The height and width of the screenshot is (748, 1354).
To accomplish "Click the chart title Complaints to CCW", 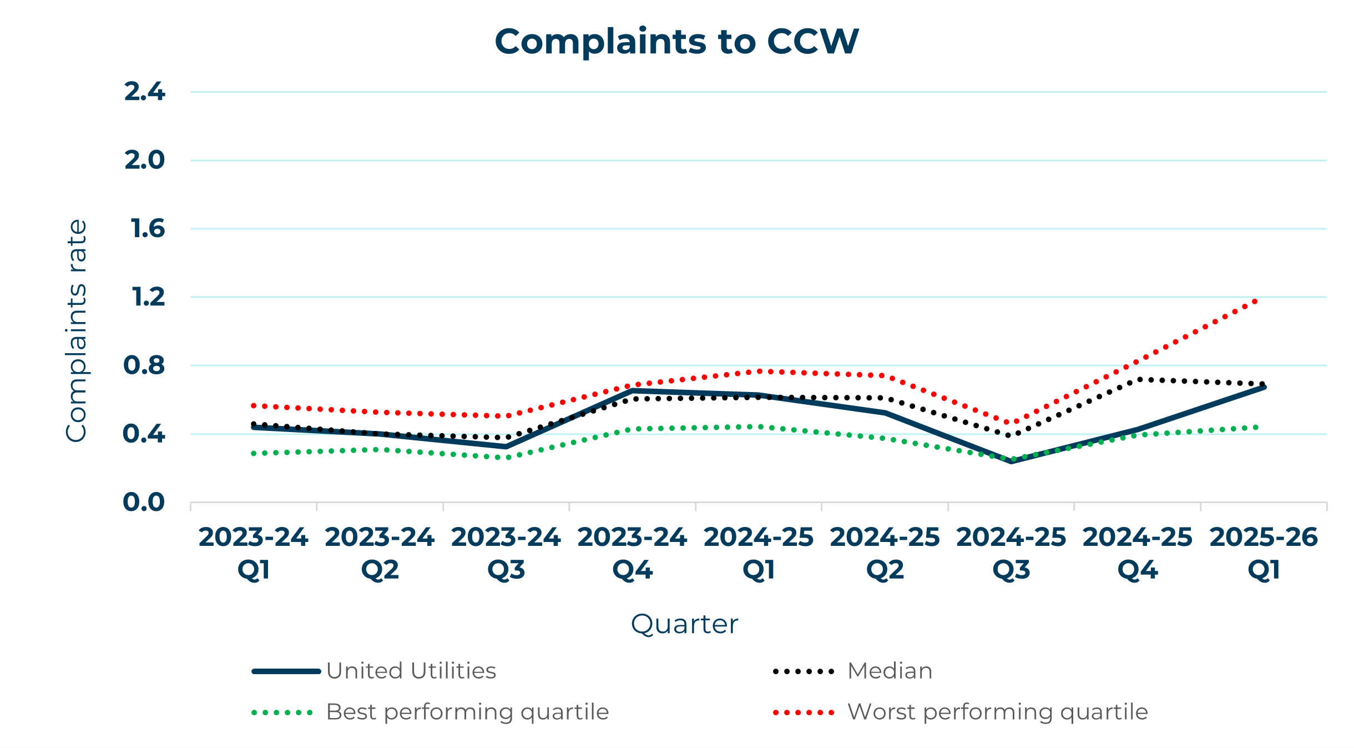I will pyautogui.click(x=676, y=42).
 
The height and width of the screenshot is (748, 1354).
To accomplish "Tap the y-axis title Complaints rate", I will pyautogui.click(x=77, y=331).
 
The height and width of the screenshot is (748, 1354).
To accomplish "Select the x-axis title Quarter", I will pyautogui.click(x=684, y=624).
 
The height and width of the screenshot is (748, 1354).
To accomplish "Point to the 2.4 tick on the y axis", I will pyautogui.click(x=144, y=92).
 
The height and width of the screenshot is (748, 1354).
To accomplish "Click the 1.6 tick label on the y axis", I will pyautogui.click(x=148, y=229).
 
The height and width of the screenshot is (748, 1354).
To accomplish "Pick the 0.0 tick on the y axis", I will pyautogui.click(x=144, y=502).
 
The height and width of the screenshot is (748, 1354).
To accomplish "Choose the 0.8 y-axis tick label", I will pyautogui.click(x=144, y=365).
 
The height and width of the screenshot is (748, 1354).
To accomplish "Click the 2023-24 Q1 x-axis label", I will pyautogui.click(x=254, y=553).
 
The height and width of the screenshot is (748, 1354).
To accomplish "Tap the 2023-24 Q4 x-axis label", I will pyautogui.click(x=632, y=553).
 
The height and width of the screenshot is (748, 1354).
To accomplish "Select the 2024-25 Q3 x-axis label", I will pyautogui.click(x=1011, y=553).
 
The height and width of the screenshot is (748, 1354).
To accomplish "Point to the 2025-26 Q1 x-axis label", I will pyautogui.click(x=1264, y=553).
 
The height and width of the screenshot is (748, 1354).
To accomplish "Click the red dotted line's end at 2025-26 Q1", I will pyautogui.click(x=1255, y=302).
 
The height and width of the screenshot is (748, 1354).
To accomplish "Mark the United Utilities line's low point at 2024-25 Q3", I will pyautogui.click(x=1011, y=461).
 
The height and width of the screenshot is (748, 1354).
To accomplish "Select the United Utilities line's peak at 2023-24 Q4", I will pyautogui.click(x=632, y=391).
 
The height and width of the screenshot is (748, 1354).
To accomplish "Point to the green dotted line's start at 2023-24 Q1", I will pyautogui.click(x=254, y=454).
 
